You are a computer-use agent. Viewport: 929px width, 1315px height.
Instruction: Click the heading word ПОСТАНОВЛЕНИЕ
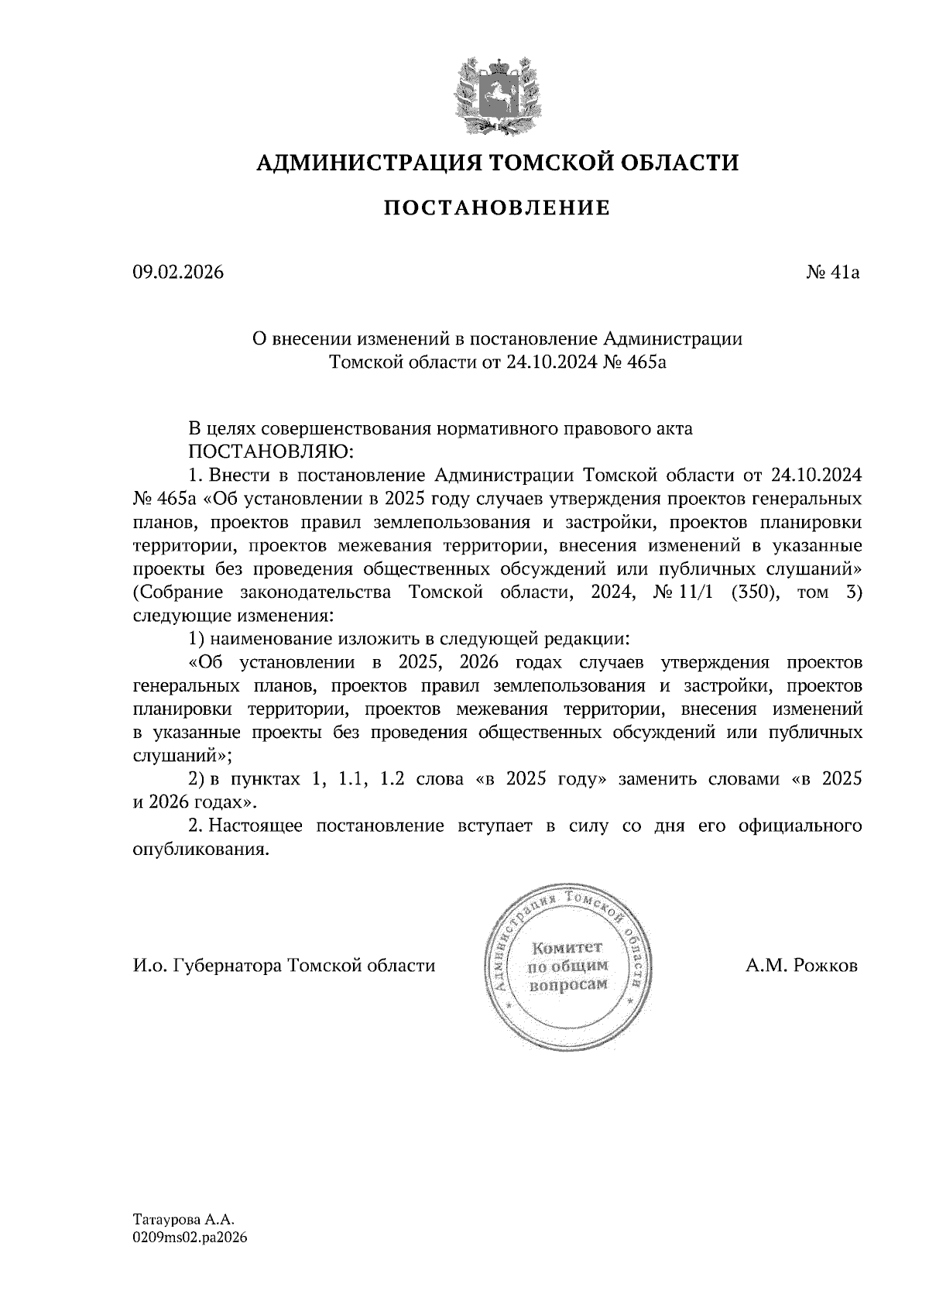click(x=497, y=208)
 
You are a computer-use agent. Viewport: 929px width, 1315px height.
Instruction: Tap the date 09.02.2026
click(x=177, y=273)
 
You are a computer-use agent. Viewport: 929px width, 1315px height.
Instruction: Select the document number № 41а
click(x=832, y=273)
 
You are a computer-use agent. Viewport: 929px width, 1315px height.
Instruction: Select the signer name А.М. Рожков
click(x=802, y=966)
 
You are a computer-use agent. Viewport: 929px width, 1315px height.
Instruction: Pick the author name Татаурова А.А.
click(x=177, y=1219)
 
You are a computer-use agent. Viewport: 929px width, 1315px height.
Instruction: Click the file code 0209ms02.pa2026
click(x=189, y=1238)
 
